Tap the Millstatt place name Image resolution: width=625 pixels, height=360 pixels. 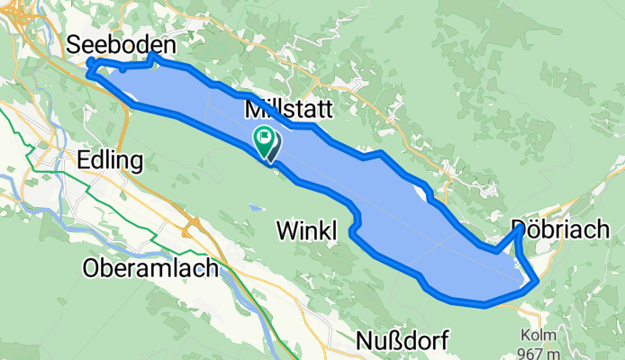pyautogui.click(x=289, y=111)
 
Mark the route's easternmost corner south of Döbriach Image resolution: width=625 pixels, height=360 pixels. pyautogui.click(x=538, y=281)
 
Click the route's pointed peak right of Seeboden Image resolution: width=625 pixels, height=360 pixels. pyautogui.click(x=151, y=55)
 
